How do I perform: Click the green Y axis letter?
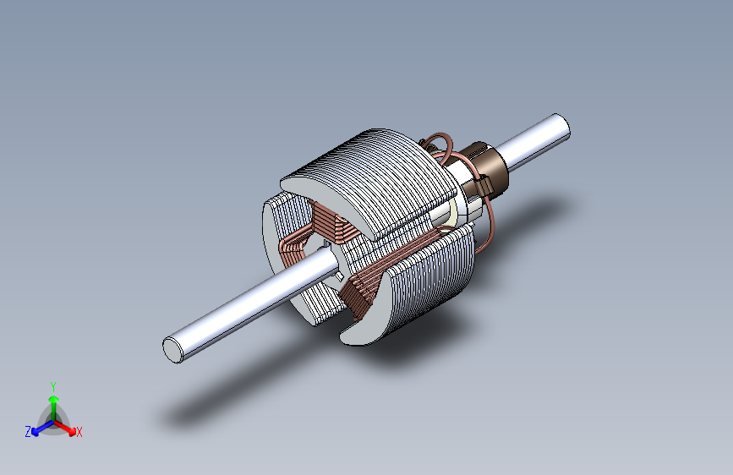coord(53,387)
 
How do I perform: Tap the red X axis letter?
coord(79,432)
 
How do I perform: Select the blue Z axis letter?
coord(28,432)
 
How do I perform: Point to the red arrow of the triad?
coord(65,428)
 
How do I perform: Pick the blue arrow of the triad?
coord(42,428)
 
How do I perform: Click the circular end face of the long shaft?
coord(172,350)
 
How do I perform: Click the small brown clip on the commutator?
coord(484,186)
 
